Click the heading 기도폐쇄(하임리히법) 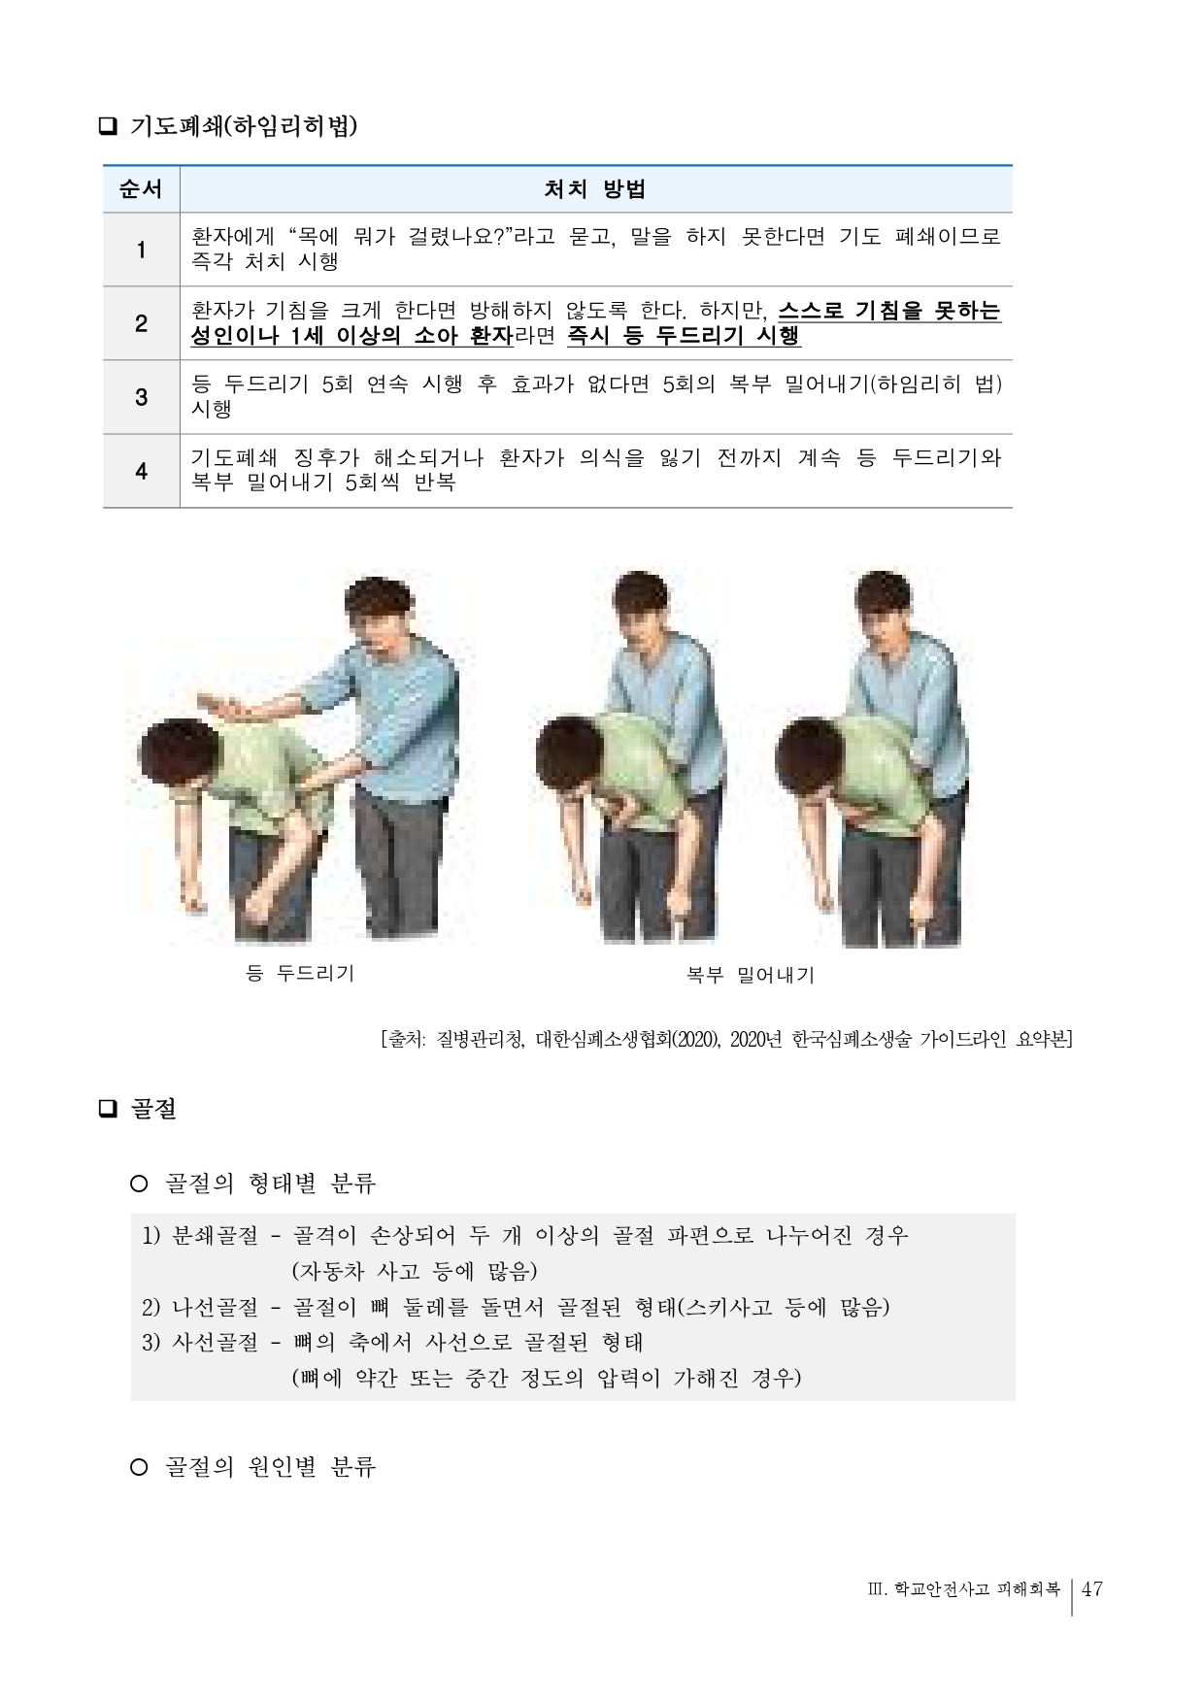(243, 126)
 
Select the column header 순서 (141, 189)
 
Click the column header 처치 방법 (594, 189)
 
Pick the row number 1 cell (141, 250)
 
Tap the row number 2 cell (141, 323)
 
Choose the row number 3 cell (141, 397)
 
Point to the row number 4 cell (141, 471)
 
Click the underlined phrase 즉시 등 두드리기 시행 (684, 336)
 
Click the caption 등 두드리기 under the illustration (300, 973)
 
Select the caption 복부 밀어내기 (750, 975)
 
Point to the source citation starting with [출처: (726, 1039)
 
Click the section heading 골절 (153, 1109)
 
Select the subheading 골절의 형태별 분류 (270, 1183)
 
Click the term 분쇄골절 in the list (215, 1236)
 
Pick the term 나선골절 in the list (215, 1307)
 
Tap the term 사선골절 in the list (215, 1343)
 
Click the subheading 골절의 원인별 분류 (270, 1466)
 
